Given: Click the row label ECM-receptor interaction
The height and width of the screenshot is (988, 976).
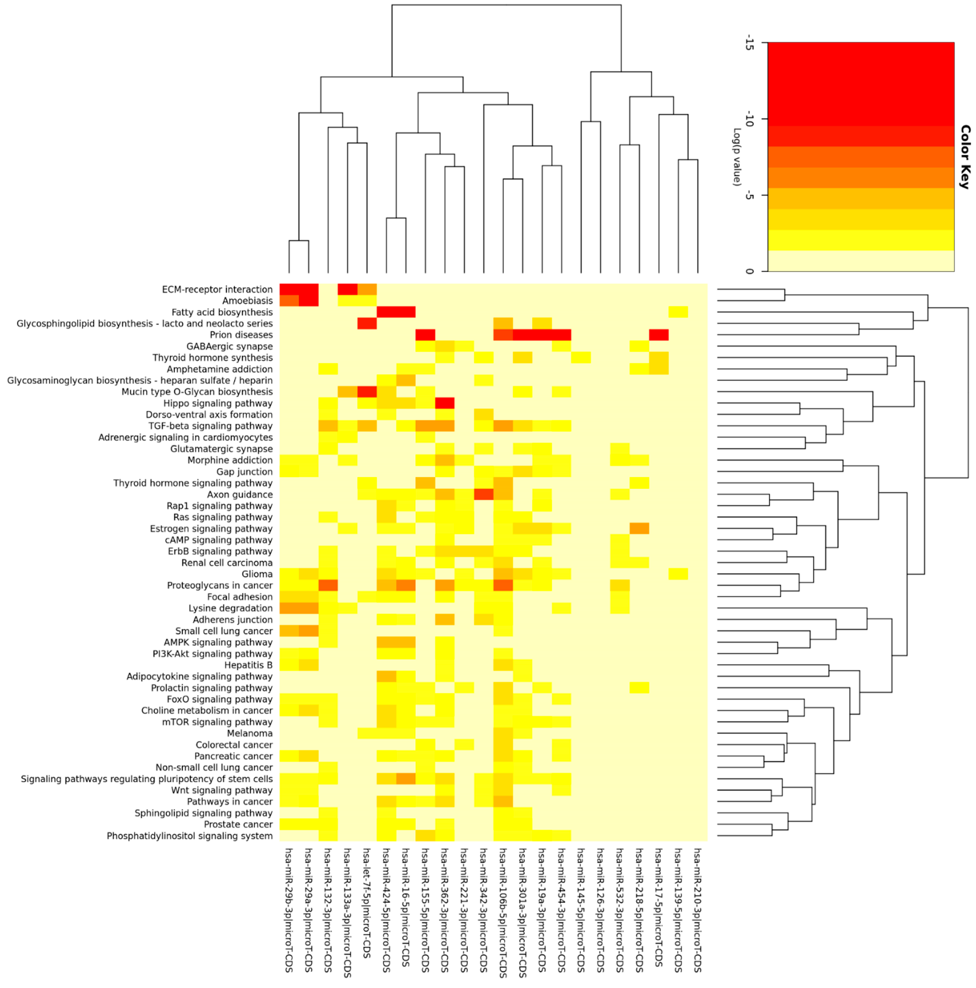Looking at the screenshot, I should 217,290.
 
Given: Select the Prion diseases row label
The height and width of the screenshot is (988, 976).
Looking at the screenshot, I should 241,335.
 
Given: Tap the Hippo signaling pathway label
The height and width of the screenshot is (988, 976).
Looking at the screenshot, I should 218,403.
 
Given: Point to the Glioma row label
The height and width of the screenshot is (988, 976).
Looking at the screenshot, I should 257,574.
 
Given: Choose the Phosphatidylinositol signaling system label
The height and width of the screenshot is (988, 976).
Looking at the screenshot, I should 190,836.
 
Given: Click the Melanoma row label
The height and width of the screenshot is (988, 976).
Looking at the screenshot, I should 250,733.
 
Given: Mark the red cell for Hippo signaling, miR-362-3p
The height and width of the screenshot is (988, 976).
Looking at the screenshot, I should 445,403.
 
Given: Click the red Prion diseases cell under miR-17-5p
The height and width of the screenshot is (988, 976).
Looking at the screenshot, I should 659,335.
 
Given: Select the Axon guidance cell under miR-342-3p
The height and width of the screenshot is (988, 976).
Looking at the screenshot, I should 483,495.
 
